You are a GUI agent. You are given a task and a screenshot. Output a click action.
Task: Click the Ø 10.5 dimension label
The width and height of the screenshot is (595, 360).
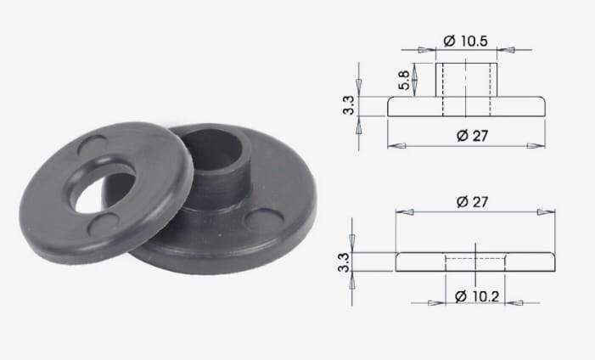pos(465,41)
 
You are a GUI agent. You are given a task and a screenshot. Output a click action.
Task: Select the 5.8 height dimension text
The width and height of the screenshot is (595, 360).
pos(405,80)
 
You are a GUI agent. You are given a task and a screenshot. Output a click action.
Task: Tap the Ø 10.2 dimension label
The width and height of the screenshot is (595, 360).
pos(477,296)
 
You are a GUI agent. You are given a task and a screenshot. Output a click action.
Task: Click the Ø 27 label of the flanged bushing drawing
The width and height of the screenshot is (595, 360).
pos(473,136)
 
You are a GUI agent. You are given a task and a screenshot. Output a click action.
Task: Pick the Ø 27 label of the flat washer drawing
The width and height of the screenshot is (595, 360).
pos(473,201)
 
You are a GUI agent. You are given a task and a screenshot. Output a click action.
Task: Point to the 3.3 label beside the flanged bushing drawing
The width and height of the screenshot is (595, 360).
pos(348,105)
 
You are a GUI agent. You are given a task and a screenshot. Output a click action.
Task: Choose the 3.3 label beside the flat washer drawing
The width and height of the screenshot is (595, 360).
pos(344,262)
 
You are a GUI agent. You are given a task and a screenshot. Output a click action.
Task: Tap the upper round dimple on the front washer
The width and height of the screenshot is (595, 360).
pos(93,144)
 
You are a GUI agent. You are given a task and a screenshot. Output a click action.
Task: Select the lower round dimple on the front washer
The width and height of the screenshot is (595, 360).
pos(104,224)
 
